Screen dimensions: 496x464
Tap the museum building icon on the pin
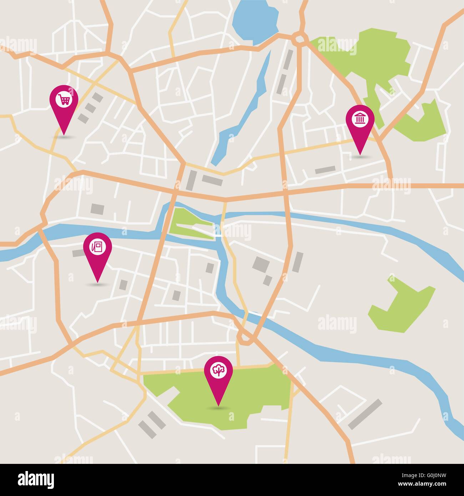(x=360, y=119)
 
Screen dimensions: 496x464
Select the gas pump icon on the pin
(x=97, y=246)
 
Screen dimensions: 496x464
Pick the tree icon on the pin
(x=218, y=370)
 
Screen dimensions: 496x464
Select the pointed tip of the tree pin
(x=218, y=405)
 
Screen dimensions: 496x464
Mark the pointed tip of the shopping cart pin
(x=64, y=134)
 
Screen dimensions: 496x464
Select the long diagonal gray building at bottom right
(x=365, y=414)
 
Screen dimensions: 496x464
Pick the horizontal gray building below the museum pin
(x=325, y=170)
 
